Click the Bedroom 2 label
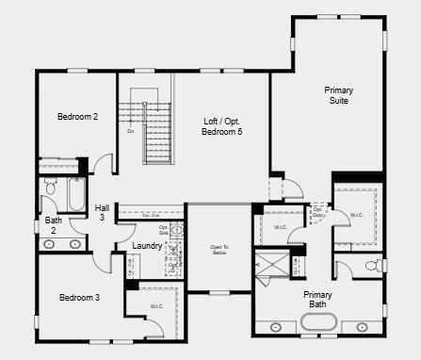(x=77, y=117)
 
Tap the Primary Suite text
(x=339, y=95)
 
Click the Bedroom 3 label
(x=79, y=298)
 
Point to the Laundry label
(x=147, y=246)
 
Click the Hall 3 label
(x=102, y=212)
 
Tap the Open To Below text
(x=219, y=250)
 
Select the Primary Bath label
(x=317, y=300)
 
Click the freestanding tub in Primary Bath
(x=318, y=325)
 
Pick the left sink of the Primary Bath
(x=276, y=327)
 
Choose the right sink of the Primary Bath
(x=362, y=327)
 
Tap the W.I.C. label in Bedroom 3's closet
(x=157, y=306)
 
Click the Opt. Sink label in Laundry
(x=163, y=229)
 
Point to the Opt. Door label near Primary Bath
(x=317, y=210)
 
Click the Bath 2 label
(x=55, y=225)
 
